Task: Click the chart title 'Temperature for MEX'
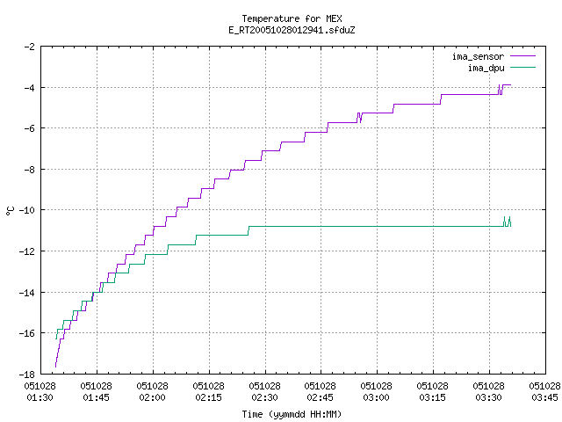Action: point(292,18)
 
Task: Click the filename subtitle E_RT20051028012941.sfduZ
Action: point(292,30)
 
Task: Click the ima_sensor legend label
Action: point(478,56)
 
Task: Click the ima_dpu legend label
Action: point(486,68)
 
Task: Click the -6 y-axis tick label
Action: point(29,128)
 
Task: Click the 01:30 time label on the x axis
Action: point(40,397)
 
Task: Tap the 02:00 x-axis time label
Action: point(152,397)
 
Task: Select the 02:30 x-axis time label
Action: point(264,397)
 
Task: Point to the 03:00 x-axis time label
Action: point(376,397)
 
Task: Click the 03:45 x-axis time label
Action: point(544,397)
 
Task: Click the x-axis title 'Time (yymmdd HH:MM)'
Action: point(292,414)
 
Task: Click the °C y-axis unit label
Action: point(10,211)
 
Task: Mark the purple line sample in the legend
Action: point(523,56)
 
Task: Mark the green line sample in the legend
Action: point(523,68)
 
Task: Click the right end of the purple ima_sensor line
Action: point(510,85)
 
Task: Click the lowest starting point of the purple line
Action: point(55,367)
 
